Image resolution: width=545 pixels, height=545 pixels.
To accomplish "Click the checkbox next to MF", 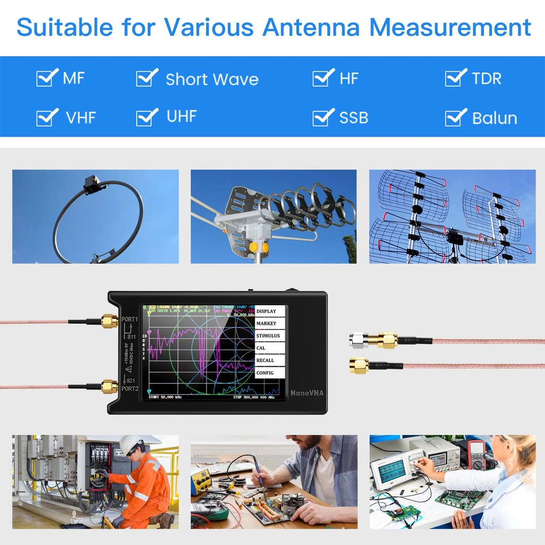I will click(x=46, y=78).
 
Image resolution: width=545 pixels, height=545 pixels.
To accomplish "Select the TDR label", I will click(x=486, y=79).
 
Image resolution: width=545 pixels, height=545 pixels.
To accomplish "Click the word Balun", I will click(x=494, y=118).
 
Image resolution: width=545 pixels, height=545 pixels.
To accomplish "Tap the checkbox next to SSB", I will click(x=322, y=117).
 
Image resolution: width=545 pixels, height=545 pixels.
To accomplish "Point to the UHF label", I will click(x=181, y=117).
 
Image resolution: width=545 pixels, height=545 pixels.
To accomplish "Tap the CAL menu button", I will click(x=270, y=348).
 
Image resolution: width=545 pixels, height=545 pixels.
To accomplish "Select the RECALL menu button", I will click(x=270, y=360).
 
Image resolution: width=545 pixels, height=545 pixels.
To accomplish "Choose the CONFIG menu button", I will click(x=270, y=373).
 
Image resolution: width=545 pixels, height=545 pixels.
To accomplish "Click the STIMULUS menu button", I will click(x=270, y=336).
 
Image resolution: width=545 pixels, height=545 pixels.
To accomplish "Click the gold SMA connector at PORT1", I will click(x=110, y=321).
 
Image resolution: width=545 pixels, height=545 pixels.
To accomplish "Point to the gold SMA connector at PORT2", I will click(x=110, y=386).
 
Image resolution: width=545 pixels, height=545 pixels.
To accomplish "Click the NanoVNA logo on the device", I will click(x=307, y=393).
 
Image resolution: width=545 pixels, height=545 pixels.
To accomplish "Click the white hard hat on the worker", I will click(x=129, y=443).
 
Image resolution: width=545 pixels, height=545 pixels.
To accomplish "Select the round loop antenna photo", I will click(x=96, y=217).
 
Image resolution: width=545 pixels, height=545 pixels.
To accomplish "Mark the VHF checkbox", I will click(x=46, y=117).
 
